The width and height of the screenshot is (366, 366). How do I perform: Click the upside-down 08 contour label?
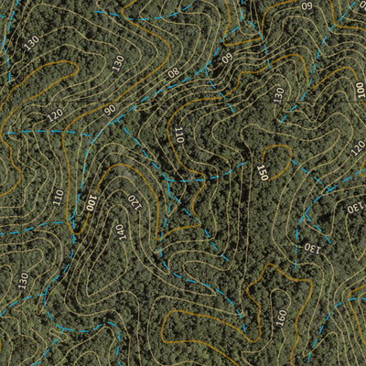pos(173,72)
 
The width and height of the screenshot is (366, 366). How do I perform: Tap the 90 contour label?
pos(110,110)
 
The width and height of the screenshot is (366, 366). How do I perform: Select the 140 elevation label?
pos(120,232)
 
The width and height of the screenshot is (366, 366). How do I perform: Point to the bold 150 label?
pos(263,172)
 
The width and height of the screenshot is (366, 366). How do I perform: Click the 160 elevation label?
pos(281,318)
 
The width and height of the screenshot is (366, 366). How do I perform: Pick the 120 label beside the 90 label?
pos(55,115)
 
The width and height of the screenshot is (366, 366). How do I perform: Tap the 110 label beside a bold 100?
pos(58,197)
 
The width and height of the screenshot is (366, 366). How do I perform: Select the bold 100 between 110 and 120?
pos(91,201)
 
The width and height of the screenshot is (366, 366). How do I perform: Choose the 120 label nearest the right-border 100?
pos(358,146)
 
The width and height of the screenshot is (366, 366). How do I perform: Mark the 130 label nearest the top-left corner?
pos(32,42)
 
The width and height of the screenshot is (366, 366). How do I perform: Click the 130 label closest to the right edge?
pos(353,209)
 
